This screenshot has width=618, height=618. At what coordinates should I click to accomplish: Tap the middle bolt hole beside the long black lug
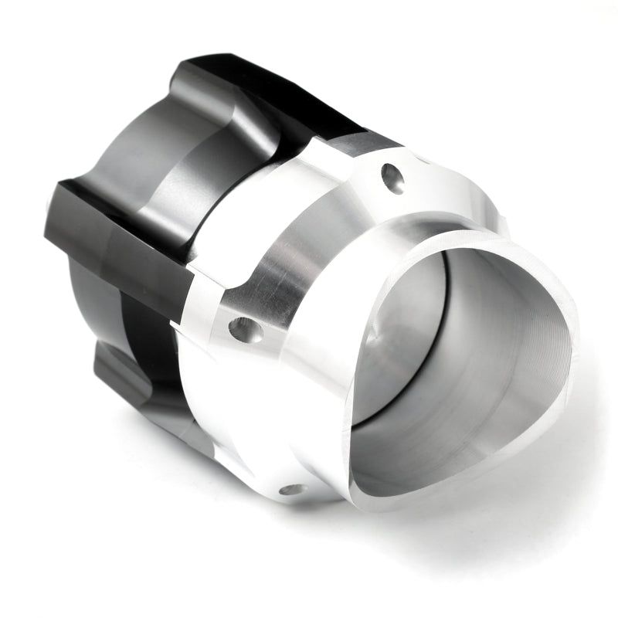[245, 330]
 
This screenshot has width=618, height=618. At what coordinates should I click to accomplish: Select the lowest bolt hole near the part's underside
[292, 488]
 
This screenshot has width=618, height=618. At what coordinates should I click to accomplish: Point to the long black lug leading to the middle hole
[124, 232]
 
